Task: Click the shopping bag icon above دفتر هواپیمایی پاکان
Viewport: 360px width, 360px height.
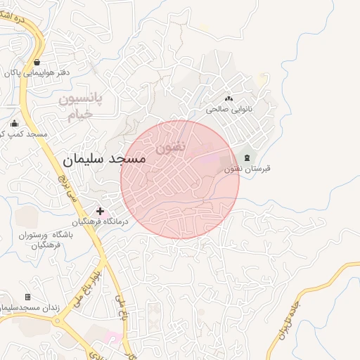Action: click(x=36, y=62)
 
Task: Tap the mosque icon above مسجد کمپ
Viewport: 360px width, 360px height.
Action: click(x=14, y=123)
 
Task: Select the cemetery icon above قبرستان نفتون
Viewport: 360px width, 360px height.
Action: click(x=247, y=157)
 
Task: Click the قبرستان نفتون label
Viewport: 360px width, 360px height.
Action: click(x=247, y=169)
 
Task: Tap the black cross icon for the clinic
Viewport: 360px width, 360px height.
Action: click(x=101, y=210)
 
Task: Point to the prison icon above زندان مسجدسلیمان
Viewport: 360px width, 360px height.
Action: click(x=27, y=297)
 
